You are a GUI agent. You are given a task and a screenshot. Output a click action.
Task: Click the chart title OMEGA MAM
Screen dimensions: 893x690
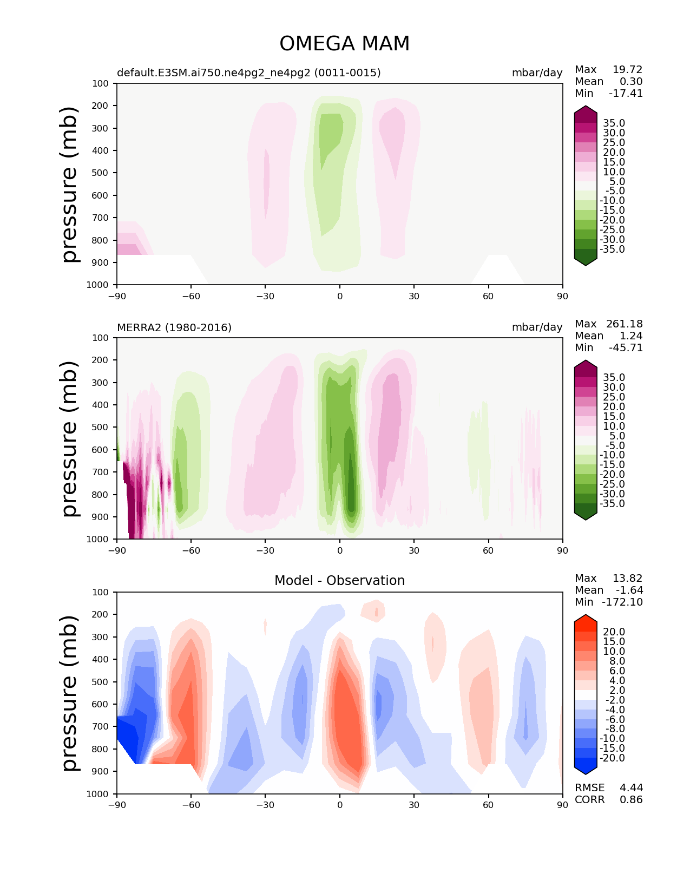(x=344, y=44)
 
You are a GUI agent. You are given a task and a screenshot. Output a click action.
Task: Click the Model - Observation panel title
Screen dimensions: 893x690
(x=339, y=581)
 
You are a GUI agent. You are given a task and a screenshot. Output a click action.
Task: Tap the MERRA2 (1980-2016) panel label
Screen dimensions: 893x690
(x=174, y=327)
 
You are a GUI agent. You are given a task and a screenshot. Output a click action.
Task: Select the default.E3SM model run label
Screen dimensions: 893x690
(x=248, y=73)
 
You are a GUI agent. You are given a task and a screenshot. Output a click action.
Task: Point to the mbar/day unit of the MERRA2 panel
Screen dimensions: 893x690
(x=537, y=327)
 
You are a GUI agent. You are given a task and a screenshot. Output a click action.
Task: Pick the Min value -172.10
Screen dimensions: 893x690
(x=622, y=602)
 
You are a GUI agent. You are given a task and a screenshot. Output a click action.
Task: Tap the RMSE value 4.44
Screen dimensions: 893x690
(x=631, y=787)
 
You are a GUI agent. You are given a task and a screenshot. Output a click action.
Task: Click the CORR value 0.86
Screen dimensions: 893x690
(x=631, y=799)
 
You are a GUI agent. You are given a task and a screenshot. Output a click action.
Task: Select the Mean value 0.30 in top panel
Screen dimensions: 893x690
(x=631, y=81)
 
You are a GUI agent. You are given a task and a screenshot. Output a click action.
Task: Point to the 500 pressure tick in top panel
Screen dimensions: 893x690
(x=101, y=173)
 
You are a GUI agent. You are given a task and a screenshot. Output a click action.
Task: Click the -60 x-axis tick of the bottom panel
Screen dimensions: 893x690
(x=191, y=805)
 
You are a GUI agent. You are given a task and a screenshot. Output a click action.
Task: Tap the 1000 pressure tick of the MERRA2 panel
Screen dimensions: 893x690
(x=98, y=540)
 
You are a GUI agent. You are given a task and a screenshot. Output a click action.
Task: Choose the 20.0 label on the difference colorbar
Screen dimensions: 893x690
(x=614, y=632)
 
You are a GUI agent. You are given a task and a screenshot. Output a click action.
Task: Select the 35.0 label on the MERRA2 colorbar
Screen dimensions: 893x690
(x=614, y=377)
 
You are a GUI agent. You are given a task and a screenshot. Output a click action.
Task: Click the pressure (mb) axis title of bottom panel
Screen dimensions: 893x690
(x=70, y=693)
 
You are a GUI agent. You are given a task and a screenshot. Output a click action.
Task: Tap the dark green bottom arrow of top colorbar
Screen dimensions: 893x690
(x=586, y=261)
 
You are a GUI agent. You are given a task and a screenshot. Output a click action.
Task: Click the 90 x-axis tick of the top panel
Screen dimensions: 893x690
(x=562, y=296)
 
